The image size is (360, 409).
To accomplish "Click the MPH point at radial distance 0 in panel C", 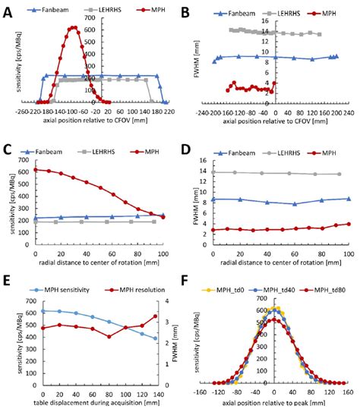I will [35, 169].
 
